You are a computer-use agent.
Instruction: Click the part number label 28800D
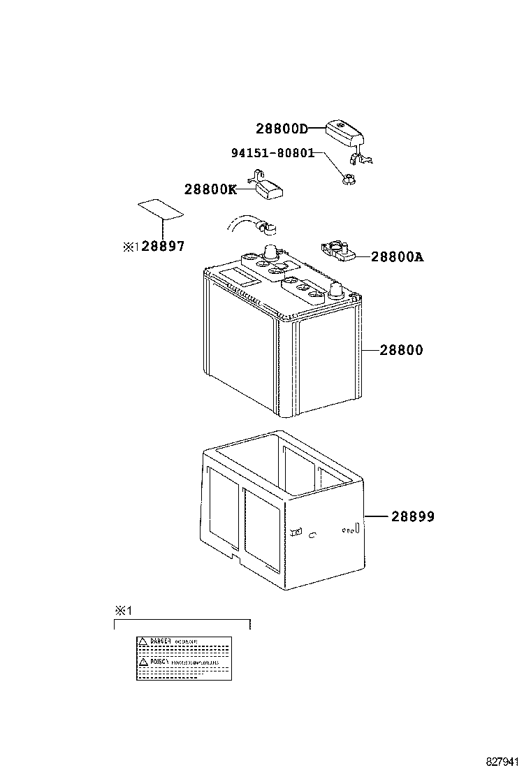click(x=282, y=129)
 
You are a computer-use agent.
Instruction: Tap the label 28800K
click(x=210, y=189)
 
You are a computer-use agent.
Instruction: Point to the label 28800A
click(x=397, y=257)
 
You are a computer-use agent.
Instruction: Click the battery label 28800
click(x=401, y=350)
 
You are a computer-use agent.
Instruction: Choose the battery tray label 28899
click(x=412, y=517)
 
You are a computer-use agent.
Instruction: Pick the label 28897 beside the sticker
click(x=163, y=247)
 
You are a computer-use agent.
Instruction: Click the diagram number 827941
click(x=505, y=762)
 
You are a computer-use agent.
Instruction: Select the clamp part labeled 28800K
click(x=269, y=187)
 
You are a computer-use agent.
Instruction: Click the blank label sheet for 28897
click(x=160, y=209)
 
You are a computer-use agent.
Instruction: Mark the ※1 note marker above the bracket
click(x=123, y=610)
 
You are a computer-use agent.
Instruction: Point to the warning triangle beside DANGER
click(x=142, y=641)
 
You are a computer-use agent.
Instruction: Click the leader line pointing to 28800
click(x=370, y=350)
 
